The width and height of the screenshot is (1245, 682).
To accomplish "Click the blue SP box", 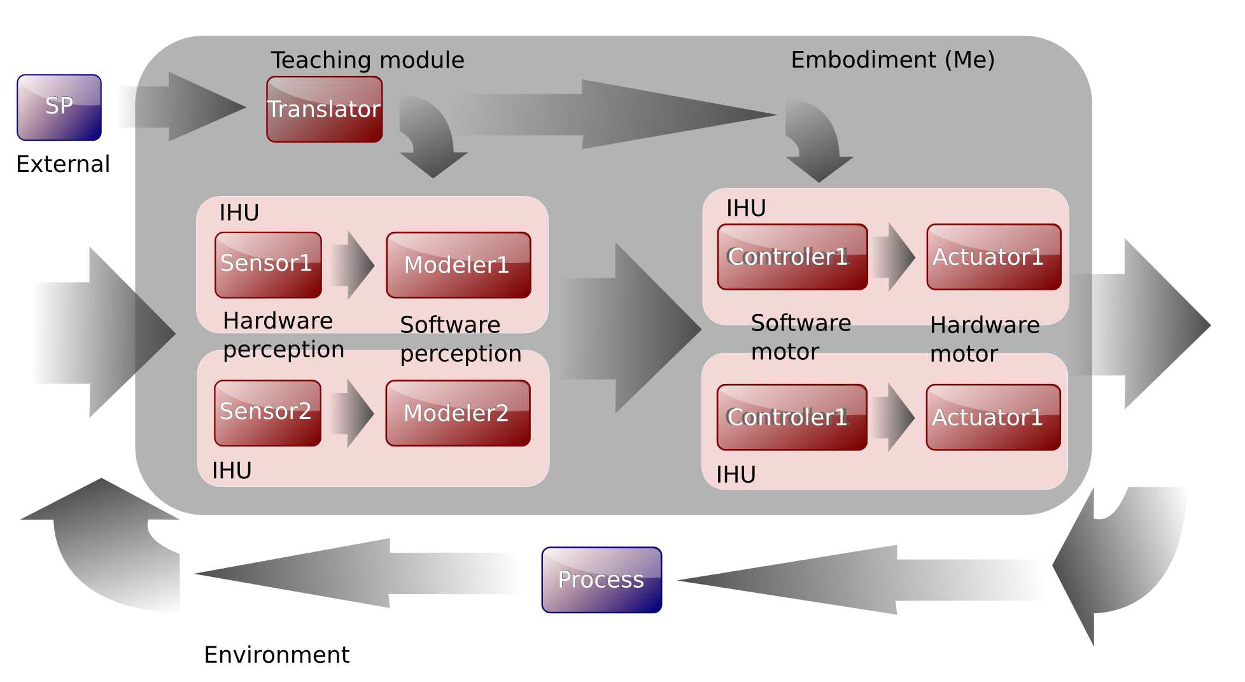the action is [59, 107].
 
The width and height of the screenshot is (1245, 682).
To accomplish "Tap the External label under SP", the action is [63, 164].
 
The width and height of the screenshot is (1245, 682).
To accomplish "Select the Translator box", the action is [324, 109].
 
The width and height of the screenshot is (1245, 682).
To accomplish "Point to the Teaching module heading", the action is [367, 60].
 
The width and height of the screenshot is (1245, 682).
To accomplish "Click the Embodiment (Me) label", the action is [892, 59].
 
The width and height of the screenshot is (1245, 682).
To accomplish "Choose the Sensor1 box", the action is [268, 264].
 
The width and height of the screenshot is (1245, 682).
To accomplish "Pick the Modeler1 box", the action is [458, 265].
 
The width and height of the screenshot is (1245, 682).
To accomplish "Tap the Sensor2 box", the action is [267, 413].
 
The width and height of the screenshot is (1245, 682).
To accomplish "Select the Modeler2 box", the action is [458, 413].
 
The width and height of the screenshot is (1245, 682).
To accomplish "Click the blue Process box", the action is [601, 579].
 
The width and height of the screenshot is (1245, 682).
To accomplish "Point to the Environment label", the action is [276, 655].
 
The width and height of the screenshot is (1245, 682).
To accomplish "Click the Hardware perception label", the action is [283, 335].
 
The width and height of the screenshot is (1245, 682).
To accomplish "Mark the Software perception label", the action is [460, 339].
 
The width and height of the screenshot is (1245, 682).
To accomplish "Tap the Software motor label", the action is [801, 337].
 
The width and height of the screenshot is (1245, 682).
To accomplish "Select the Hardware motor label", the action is [985, 339].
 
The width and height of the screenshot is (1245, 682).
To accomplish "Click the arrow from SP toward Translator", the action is [181, 106].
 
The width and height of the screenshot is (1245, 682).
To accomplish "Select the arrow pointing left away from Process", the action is [356, 573].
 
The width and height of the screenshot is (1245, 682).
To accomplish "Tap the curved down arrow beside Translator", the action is [430, 137].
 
